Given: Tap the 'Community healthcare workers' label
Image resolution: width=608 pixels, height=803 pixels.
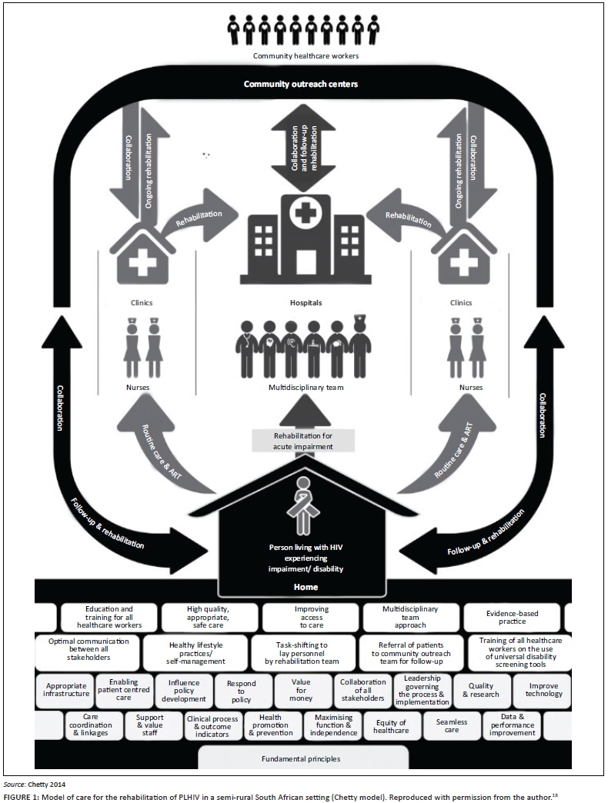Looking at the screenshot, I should tap(306, 56).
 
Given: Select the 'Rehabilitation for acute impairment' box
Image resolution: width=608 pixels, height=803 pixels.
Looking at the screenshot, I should tap(304, 441).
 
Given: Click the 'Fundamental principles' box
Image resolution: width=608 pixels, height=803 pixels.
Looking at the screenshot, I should tap(303, 758).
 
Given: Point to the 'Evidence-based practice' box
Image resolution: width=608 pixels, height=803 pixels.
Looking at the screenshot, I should tap(512, 617).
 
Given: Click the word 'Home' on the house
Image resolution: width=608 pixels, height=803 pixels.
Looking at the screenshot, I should tap(303, 586).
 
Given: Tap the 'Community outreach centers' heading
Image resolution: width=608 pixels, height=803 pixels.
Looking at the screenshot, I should tap(301, 84).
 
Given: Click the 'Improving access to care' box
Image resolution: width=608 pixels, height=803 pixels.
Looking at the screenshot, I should tap(311, 617).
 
